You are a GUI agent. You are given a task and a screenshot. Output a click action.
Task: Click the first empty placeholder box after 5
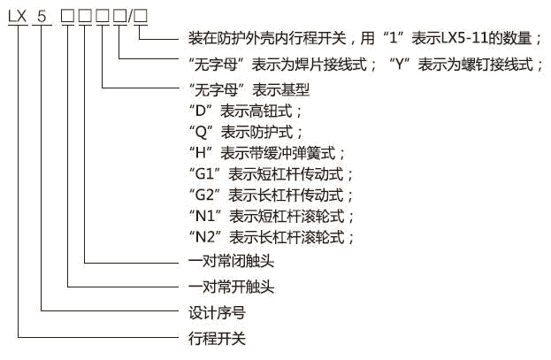[x=69, y=15]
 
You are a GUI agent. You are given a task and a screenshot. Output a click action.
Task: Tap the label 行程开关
[x=217, y=337]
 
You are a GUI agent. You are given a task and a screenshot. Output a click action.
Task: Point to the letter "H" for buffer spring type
[x=199, y=152]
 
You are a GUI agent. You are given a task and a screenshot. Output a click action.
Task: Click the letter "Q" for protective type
[x=199, y=131]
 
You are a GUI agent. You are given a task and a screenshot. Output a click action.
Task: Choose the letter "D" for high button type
[x=199, y=111]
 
